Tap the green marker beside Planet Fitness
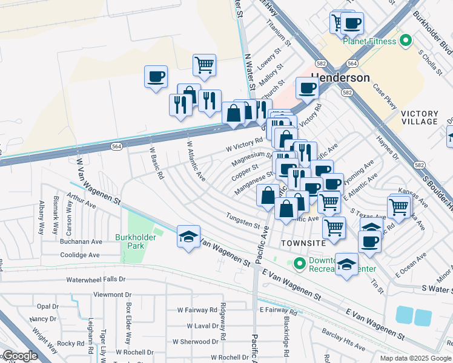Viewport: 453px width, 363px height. coord(406,41)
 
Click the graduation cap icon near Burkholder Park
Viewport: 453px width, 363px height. coord(189,237)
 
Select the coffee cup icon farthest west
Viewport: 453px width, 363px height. coord(156,77)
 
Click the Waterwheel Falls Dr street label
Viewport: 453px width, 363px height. coord(96,280)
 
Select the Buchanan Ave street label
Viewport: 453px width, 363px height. coord(81,241)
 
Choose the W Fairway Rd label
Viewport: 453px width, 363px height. coord(197,310)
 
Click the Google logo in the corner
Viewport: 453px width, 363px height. coord(19,356)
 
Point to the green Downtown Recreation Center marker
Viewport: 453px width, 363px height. coord(299,264)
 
